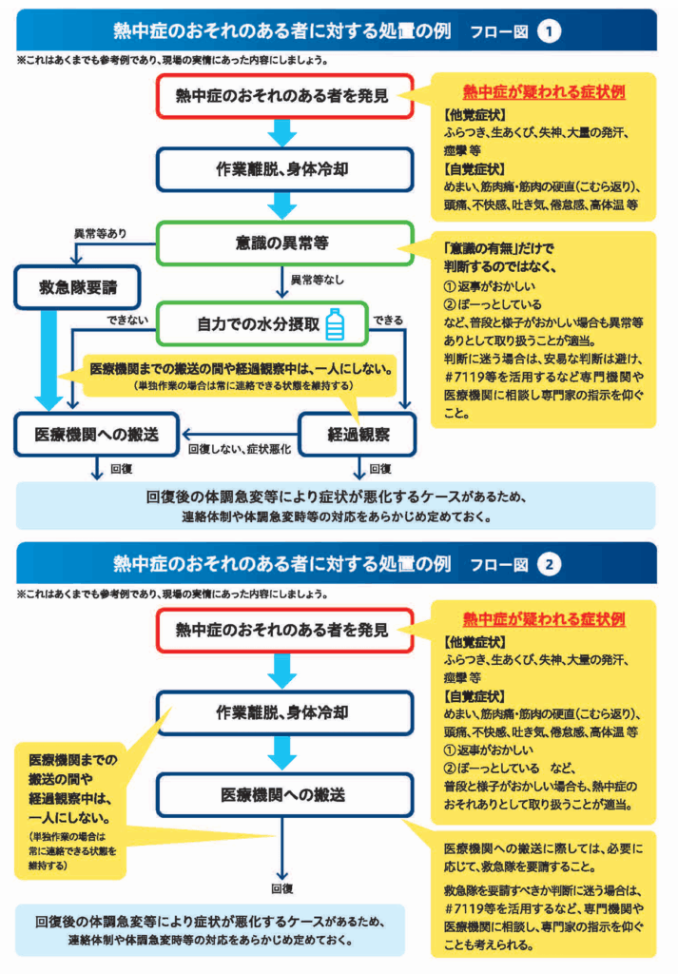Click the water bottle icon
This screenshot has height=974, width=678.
coord(335,324)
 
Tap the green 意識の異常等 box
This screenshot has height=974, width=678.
coord(284,243)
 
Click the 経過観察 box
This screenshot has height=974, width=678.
coord(358,435)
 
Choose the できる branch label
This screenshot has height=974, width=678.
coord(388,320)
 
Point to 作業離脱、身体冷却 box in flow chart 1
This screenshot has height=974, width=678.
coord(284,169)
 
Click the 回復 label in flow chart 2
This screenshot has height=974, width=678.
coord(282,888)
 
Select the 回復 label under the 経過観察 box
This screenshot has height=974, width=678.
coord(379,469)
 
